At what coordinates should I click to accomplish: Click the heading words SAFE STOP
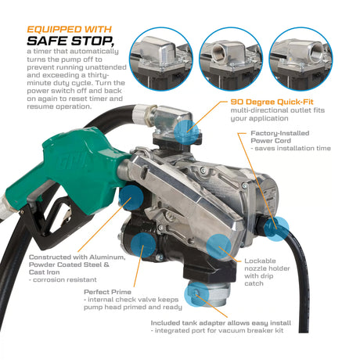70,41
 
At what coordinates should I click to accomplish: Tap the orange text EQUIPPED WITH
70,29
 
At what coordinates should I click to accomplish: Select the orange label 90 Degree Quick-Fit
272,102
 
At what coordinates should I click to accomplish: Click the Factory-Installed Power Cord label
280,137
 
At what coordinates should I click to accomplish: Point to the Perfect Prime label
107,292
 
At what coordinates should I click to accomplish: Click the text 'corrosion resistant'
65,280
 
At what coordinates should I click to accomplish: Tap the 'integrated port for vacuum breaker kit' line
219,330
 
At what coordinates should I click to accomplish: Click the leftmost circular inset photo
161,59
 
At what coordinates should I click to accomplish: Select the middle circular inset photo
231,59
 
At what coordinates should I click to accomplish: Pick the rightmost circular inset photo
301,59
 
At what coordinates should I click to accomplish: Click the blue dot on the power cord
276,229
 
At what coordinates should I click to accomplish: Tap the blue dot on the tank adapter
196,294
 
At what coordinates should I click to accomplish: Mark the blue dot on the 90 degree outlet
187,131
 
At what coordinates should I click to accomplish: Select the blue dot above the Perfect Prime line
143,245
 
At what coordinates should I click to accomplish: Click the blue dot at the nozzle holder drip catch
218,247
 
